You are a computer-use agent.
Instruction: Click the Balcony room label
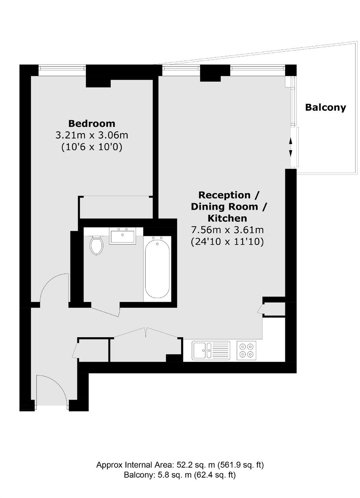pyautogui.click(x=325, y=108)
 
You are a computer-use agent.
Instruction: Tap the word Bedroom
pyautogui.click(x=92, y=124)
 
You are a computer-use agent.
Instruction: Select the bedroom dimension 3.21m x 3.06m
pyautogui.click(x=92, y=135)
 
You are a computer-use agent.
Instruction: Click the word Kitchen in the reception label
pyautogui.click(x=227, y=218)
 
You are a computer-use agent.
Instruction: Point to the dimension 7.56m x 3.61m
pyautogui.click(x=227, y=230)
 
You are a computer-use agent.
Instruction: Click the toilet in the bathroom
pyautogui.click(x=97, y=245)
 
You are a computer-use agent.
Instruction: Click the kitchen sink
pyautogui.click(x=211, y=350)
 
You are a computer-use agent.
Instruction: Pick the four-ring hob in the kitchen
pyautogui.click(x=246, y=350)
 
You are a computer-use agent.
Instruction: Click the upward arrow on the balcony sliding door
pyautogui.click(x=290, y=141)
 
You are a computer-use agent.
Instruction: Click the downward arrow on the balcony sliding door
pyautogui.click(x=290, y=153)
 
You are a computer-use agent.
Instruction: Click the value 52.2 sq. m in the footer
pyautogui.click(x=196, y=464)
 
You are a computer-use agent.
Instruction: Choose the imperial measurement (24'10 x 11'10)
pyautogui.click(x=227, y=242)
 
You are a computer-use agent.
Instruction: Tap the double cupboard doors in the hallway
pyautogui.click(x=146, y=333)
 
